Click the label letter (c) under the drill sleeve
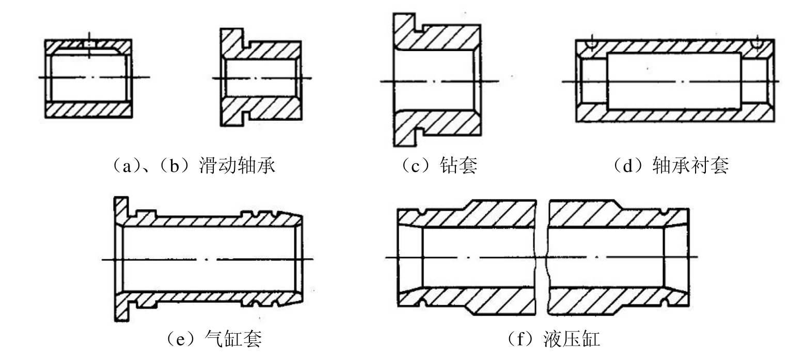tap(416, 165)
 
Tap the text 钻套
tap(459, 165)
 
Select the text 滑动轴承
tap(237, 165)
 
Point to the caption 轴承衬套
tap(690, 165)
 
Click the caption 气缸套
tap(233, 339)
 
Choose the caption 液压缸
tap(572, 339)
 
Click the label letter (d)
tap(628, 165)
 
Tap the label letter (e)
tap(181, 339)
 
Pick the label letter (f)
tap(520, 339)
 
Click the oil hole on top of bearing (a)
tap(89, 44)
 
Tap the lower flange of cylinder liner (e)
tap(121, 307)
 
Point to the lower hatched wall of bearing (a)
tap(89, 110)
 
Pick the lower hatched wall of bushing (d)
tap(675, 114)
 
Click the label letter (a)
tap(126, 165)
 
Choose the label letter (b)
tap(175, 165)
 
